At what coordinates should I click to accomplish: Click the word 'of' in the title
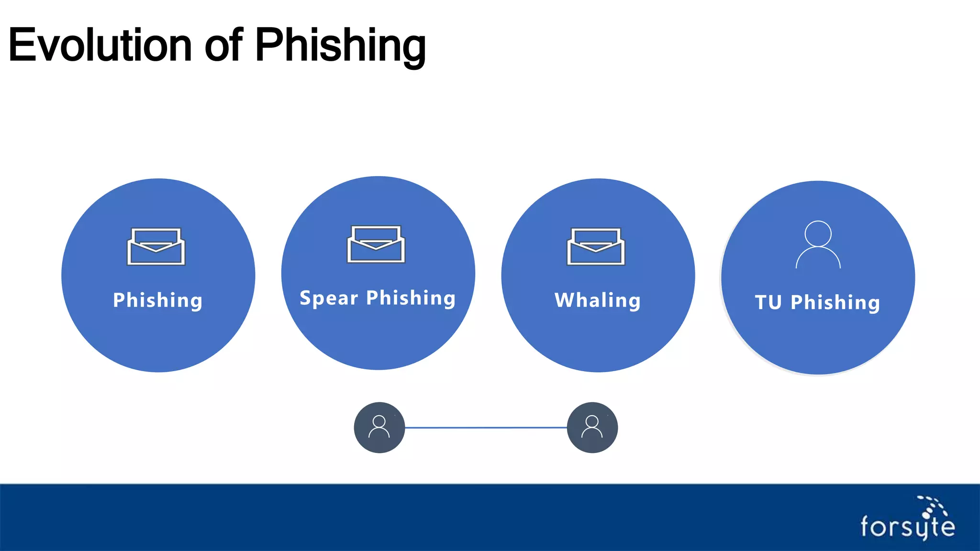coord(223,45)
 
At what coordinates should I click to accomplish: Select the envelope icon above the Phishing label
coord(156,247)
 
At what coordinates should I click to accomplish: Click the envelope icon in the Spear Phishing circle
coord(376,244)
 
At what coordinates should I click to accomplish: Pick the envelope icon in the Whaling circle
coord(596,247)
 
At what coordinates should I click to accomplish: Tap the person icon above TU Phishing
coord(818,245)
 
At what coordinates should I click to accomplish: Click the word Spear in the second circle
coord(329,298)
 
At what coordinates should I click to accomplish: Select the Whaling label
coord(597,300)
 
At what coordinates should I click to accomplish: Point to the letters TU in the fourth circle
coord(768,302)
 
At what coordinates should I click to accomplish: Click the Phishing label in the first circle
coord(158,300)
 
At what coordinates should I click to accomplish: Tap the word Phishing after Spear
coord(411,298)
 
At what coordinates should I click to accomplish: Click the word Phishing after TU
coord(835,302)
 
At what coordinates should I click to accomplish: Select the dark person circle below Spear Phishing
coord(379,428)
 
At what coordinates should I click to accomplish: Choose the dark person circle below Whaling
coord(592,428)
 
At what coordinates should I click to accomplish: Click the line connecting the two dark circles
coord(486,428)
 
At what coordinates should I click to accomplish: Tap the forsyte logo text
coord(907,527)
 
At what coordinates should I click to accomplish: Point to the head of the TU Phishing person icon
coord(818,233)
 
